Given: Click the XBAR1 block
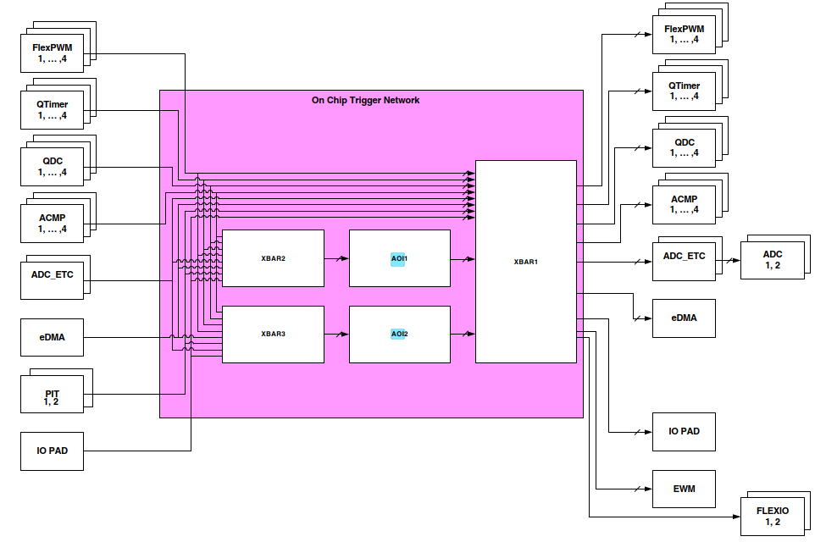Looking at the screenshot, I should coord(525,261).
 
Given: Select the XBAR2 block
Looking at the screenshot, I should coord(273,258).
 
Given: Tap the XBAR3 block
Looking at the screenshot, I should coord(273,334).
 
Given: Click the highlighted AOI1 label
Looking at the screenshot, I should coord(398,258).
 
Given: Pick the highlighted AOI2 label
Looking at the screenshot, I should coord(398,334).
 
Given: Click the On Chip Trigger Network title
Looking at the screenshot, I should coord(365,100).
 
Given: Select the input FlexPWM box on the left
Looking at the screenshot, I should coord(52,53).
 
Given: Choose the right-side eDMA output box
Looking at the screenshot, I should coord(684,318).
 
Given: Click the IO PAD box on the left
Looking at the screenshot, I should coord(52,451).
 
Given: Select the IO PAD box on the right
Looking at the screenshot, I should coord(684,431).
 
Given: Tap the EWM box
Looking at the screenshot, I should coord(684,489).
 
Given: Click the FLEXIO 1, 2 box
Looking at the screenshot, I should coord(772,516).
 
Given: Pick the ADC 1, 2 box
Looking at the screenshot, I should coord(772,259).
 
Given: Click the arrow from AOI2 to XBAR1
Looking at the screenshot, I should coord(463,335).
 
